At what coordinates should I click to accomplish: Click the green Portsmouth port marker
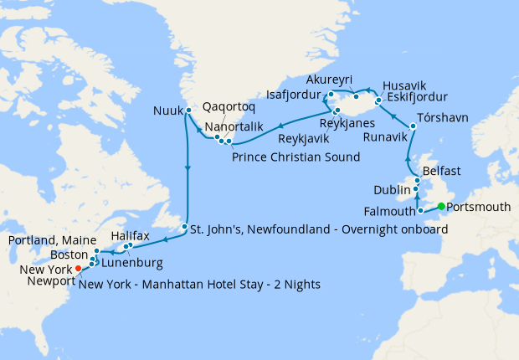[x=441, y=206]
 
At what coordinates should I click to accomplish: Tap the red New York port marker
[x=78, y=269]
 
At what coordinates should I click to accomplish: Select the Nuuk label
[x=167, y=111]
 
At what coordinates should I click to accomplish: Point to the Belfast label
[x=441, y=171]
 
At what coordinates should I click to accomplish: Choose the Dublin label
[x=392, y=190]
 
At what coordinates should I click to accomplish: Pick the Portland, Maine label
[x=47, y=241]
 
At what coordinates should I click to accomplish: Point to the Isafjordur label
[x=294, y=95]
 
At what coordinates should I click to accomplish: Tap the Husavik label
[x=401, y=85]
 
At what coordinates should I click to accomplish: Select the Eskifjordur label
[x=417, y=97]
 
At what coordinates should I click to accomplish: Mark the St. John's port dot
[x=184, y=228]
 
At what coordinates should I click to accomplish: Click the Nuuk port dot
[x=188, y=111]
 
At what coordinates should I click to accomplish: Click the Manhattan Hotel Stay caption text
[x=201, y=285]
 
